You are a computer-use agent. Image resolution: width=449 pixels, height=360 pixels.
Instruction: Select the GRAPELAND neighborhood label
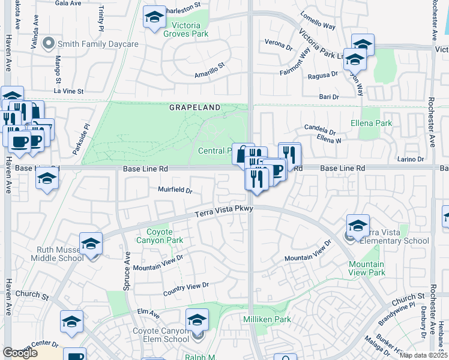coord(194,107)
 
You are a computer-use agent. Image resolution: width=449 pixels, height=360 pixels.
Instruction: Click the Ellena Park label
coord(371,123)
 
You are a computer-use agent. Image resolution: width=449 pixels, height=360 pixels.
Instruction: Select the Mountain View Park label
coord(367,268)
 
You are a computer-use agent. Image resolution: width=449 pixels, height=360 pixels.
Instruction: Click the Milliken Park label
coord(267,319)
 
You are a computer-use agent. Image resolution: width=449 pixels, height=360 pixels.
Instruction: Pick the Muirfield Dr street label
coord(175,191)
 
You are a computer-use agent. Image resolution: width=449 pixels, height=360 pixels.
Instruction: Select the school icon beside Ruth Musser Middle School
coord(91,243)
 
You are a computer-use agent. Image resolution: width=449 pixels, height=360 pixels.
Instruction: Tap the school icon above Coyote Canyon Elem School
coord(197,319)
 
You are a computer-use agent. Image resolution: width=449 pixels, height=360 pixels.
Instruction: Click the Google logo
coord(20,352)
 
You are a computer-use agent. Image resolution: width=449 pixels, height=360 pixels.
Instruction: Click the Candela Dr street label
coord(319,130)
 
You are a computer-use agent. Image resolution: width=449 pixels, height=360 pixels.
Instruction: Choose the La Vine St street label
coord(68,91)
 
